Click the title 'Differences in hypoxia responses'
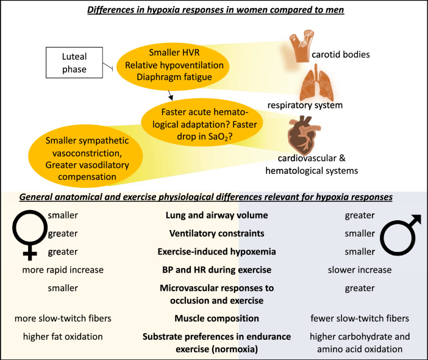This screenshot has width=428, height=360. [214, 10]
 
